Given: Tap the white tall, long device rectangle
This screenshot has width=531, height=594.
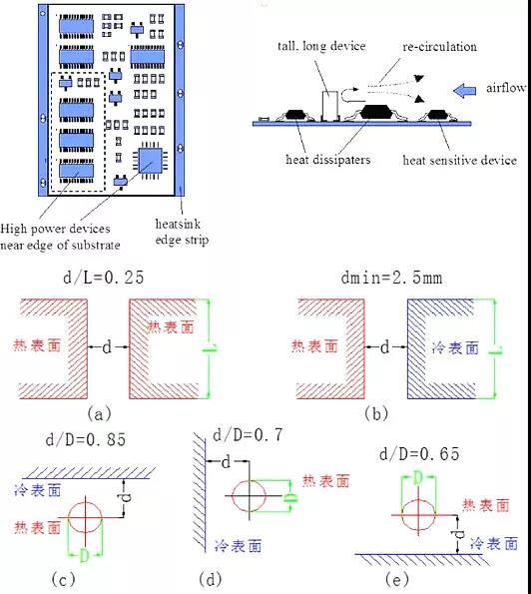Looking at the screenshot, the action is [330, 106].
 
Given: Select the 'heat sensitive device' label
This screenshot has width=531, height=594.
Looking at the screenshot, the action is [460, 161].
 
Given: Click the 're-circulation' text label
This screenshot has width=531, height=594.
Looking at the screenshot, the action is [440, 47].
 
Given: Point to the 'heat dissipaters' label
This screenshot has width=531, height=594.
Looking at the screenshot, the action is [328, 160].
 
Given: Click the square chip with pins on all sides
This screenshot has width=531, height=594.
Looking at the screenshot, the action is [151, 161].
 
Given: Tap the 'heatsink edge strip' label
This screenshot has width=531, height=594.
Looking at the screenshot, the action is [182, 232].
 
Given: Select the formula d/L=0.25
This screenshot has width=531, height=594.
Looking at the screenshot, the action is [104, 278].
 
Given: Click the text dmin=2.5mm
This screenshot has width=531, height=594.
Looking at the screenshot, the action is [391, 278].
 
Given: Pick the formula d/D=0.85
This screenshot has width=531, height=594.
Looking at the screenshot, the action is [86, 440].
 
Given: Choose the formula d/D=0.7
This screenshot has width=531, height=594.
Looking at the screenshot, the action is [249, 435].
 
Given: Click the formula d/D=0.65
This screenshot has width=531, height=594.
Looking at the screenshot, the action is [419, 453].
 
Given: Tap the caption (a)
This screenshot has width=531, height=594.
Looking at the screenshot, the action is [99, 413].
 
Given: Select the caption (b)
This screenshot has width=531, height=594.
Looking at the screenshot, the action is [376, 413].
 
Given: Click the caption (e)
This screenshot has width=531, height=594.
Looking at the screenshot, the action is [397, 579].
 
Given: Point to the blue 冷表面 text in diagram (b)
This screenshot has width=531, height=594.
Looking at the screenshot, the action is [455, 347].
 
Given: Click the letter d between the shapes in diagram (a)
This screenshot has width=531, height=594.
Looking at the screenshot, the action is [107, 346].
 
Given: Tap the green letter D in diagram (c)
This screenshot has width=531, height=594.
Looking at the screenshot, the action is [84, 556].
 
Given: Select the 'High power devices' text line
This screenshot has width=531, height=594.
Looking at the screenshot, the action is [55, 229].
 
